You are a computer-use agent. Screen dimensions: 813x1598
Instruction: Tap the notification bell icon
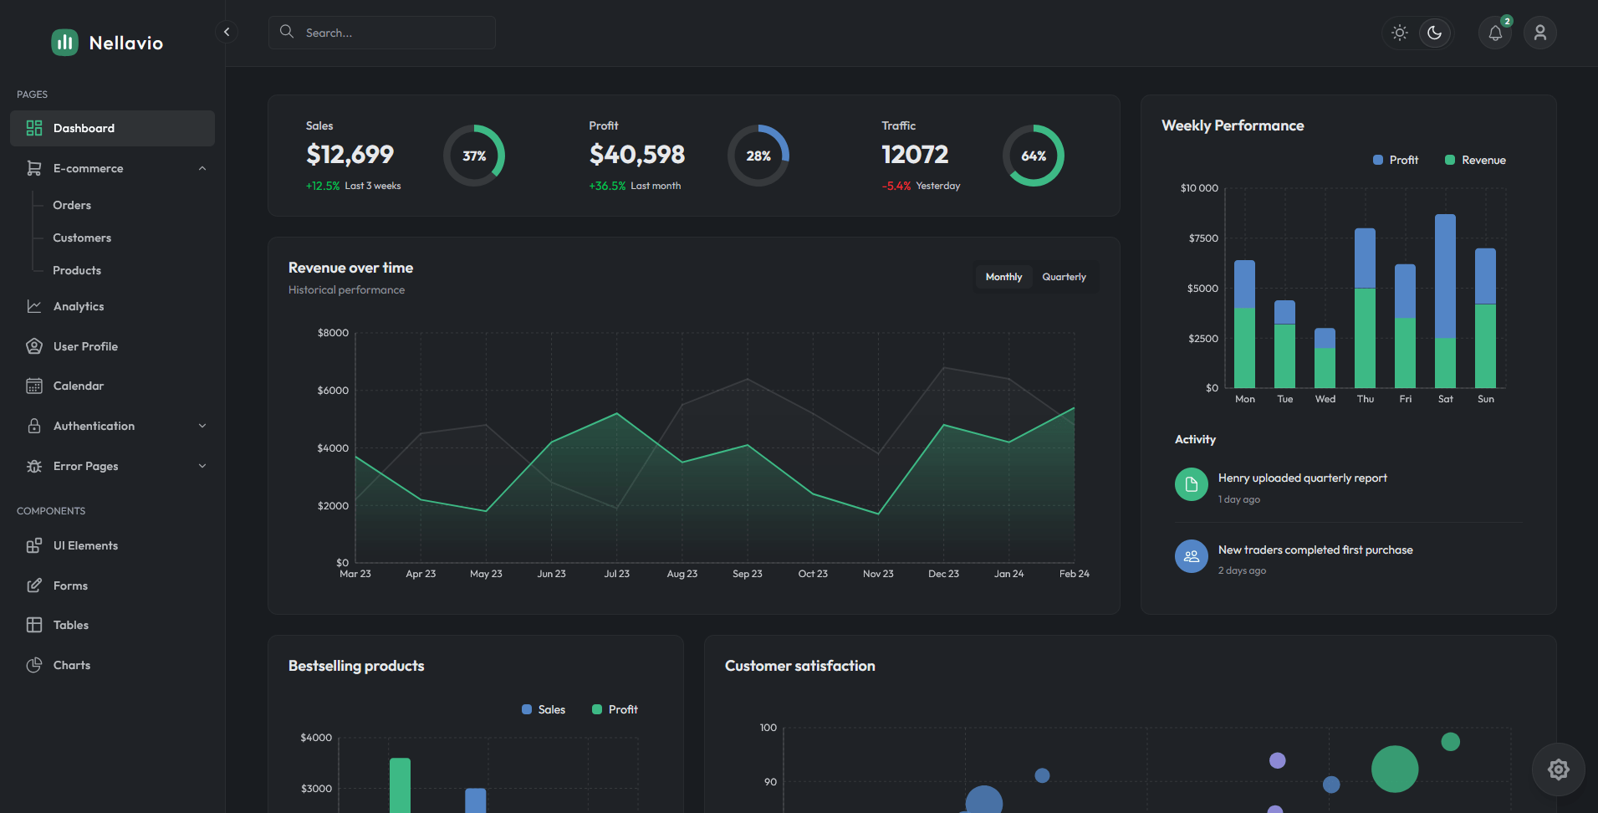[x=1495, y=33]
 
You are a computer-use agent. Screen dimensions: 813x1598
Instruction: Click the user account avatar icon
[x=1539, y=33]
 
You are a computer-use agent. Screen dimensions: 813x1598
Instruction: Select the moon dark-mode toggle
[x=1435, y=33]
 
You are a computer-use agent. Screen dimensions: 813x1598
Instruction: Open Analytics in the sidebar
[x=79, y=306]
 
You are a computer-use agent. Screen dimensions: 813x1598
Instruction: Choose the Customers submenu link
[x=82, y=238]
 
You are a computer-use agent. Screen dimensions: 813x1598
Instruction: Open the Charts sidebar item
[x=72, y=665]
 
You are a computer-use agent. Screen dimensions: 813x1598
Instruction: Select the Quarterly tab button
[x=1064, y=277]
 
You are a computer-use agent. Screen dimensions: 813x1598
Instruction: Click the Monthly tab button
[x=1003, y=277]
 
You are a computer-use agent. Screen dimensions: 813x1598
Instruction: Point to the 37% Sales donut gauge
[x=474, y=156]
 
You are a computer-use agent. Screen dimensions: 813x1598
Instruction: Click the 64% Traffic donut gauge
[x=1034, y=156]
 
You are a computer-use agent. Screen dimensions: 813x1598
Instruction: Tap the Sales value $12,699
[x=350, y=154]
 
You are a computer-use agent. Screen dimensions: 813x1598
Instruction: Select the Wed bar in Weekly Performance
[x=1325, y=358]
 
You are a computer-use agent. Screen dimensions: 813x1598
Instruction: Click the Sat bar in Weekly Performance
[x=1445, y=301]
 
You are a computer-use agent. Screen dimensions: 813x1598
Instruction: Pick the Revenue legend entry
[x=1476, y=160]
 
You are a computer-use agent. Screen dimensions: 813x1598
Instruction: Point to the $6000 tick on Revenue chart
[x=333, y=391]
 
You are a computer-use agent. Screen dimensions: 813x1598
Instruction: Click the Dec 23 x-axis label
[x=943, y=574]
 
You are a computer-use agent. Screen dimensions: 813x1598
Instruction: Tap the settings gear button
[x=1558, y=770]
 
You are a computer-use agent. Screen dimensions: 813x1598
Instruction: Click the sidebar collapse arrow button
[x=226, y=32]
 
